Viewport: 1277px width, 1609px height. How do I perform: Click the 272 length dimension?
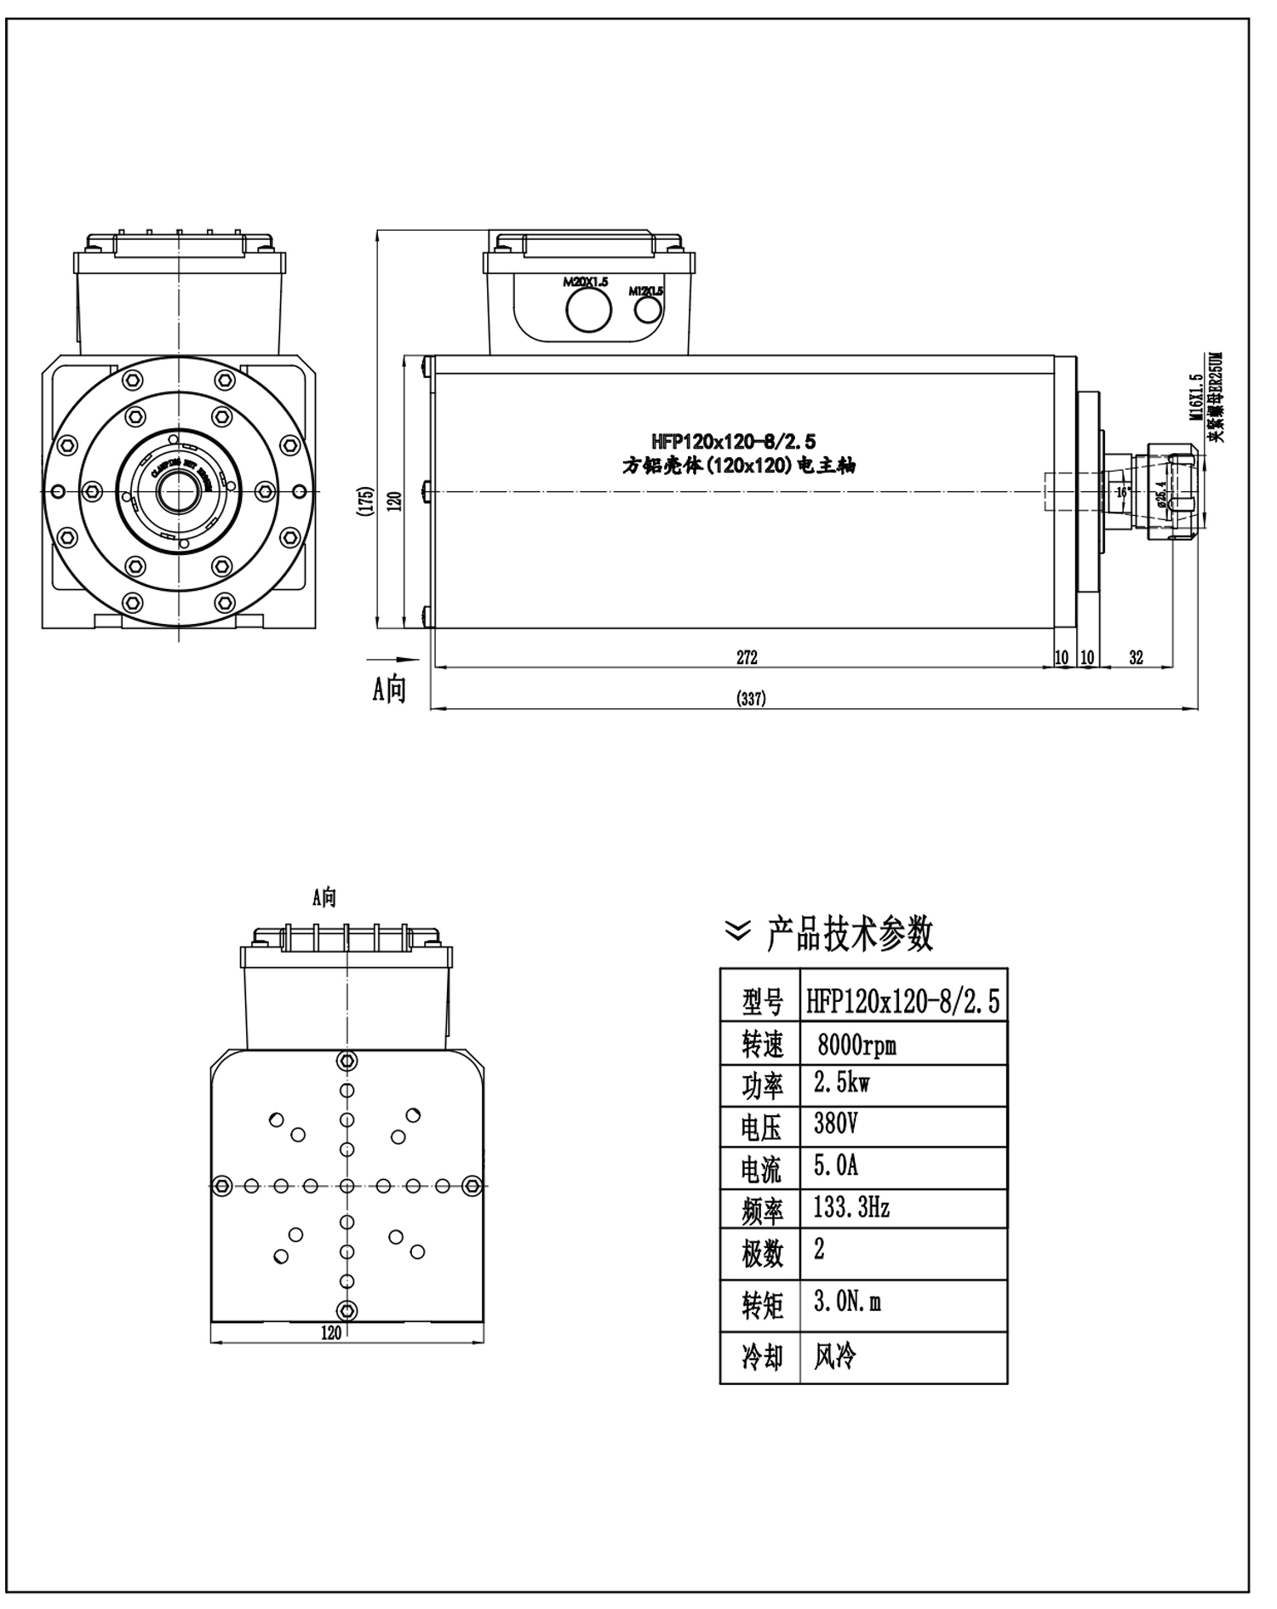[747, 656]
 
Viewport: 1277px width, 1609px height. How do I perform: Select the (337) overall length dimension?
[750, 699]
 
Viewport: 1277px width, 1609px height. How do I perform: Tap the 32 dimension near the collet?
[1136, 656]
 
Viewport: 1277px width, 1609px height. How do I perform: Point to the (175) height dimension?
[366, 500]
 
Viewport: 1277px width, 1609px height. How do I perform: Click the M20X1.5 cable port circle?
[588, 309]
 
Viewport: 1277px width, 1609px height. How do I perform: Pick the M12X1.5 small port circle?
[649, 309]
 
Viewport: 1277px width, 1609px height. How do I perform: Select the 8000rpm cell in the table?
[856, 1044]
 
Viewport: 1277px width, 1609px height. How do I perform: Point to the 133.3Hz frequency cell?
[851, 1206]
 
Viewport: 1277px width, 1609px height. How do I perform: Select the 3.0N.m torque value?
[847, 1303]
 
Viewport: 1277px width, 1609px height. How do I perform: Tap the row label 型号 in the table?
[761, 1002]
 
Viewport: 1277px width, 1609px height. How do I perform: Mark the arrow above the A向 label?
[392, 659]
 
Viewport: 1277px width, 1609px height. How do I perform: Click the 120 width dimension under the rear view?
[331, 1333]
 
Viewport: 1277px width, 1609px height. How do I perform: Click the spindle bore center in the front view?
[178, 491]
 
